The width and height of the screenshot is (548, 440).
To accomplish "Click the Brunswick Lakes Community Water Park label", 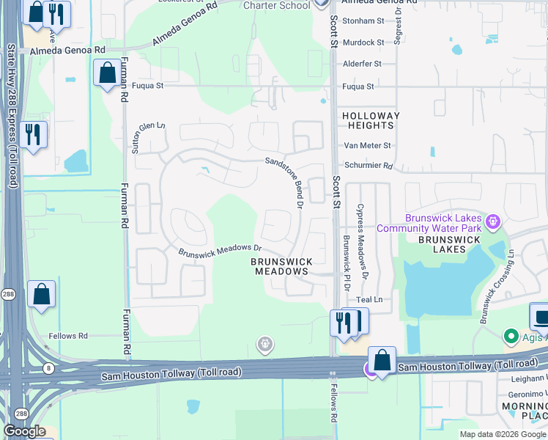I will coord(429,223).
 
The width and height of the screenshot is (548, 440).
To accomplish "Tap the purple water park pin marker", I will coord(492,220).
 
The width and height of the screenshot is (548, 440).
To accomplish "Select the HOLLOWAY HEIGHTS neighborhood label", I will coord(371,121).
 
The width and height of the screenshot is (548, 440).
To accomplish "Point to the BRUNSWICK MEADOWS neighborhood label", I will coord(281,266).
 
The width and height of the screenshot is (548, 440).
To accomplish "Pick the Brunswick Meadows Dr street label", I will coord(220,250).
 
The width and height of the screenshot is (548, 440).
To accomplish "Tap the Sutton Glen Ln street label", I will coord(136,137).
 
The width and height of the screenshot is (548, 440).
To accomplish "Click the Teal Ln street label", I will coord(369,300).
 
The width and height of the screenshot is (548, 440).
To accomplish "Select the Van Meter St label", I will coord(368,146).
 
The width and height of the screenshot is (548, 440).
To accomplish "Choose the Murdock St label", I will coord(364,43).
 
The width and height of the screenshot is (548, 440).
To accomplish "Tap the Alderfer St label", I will coord(363,64).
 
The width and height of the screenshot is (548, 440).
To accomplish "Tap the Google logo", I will coord(24,431).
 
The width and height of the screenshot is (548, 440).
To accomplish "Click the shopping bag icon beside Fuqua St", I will coord(107,73).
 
